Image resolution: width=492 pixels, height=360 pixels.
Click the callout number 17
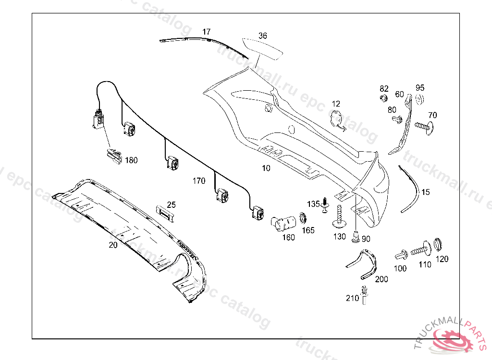206,32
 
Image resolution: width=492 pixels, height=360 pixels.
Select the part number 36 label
262,36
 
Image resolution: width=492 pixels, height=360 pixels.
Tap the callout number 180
131,160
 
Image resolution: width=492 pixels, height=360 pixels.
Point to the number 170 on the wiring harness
199,181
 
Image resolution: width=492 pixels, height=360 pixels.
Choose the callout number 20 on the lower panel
113,244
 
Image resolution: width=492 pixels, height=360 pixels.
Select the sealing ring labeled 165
304,218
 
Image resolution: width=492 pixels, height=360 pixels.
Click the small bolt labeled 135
325,204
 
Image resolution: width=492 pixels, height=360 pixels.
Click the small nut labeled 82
383,98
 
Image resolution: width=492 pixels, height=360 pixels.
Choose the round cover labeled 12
337,118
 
